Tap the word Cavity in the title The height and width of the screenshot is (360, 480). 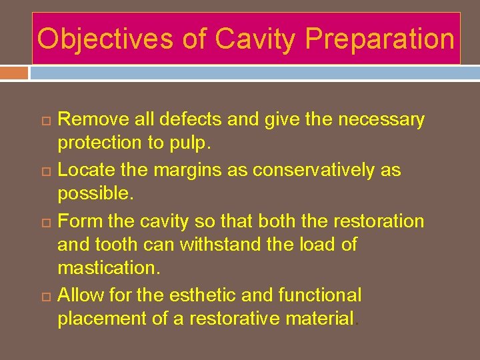coord(257,39)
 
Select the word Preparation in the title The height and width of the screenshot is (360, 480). coord(379,39)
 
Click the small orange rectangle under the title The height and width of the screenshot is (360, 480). coord(14,72)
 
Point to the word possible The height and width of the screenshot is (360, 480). coord(95,194)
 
